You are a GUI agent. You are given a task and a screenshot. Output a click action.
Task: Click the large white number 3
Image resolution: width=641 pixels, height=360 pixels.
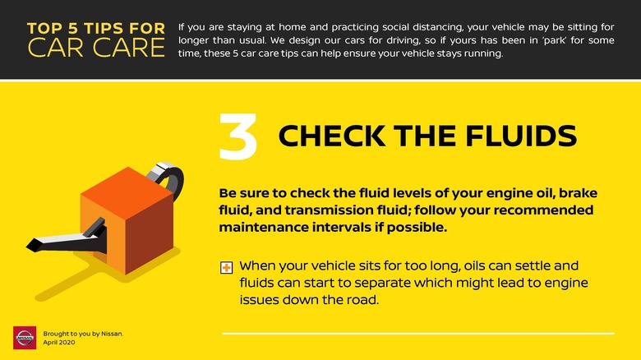238,136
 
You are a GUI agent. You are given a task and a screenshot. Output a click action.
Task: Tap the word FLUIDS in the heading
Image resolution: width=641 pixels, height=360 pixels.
521,136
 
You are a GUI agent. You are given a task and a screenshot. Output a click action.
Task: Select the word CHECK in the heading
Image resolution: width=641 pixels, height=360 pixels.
332,136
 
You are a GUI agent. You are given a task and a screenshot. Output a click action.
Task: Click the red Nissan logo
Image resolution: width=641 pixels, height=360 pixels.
25,338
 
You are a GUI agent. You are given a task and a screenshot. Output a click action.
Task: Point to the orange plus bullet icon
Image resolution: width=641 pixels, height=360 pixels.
227,268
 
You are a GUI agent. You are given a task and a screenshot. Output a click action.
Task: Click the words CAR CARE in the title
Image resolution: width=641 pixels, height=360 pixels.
96,48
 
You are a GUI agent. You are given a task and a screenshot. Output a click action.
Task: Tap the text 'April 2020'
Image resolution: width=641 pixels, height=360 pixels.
59,343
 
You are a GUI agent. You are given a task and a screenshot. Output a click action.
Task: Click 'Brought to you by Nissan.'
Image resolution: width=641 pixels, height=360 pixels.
83,334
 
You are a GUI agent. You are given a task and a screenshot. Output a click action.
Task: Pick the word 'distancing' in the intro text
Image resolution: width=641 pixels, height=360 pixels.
437,28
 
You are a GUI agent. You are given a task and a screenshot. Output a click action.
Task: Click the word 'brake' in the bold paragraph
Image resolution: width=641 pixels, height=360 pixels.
578,193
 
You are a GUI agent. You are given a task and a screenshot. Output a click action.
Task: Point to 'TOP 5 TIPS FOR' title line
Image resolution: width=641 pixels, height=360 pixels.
96,28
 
